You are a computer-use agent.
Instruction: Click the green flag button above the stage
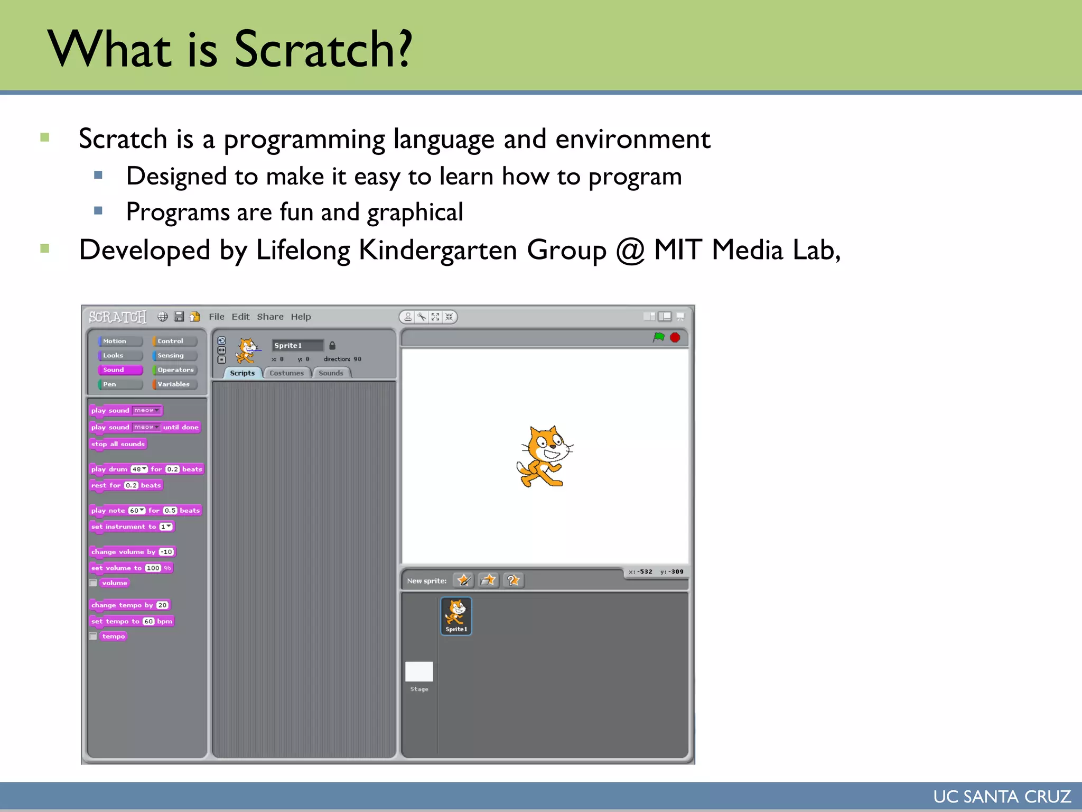pos(658,337)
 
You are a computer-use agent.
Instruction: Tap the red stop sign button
pos(675,337)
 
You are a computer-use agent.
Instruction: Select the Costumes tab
pos(286,373)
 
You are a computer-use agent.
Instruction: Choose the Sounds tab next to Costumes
pos(331,373)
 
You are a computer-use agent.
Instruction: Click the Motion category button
pos(120,341)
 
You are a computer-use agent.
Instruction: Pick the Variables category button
pos(174,384)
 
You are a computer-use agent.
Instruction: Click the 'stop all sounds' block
pos(117,444)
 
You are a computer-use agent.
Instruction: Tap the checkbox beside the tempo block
pos(93,636)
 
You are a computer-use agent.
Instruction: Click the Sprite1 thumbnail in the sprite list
pos(456,615)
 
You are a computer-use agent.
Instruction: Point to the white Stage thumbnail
pos(419,671)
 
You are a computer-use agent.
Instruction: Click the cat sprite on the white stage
pos(545,456)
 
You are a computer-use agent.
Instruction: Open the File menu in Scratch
pos(216,317)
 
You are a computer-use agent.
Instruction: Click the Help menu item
pos(301,317)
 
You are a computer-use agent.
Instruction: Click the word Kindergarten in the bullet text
pos(437,250)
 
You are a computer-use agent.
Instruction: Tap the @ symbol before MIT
pos(630,250)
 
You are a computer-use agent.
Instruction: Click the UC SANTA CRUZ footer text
pos(1002,796)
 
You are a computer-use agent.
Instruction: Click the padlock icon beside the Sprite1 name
pos(332,345)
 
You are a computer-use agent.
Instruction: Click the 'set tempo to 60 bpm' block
pos(131,621)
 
